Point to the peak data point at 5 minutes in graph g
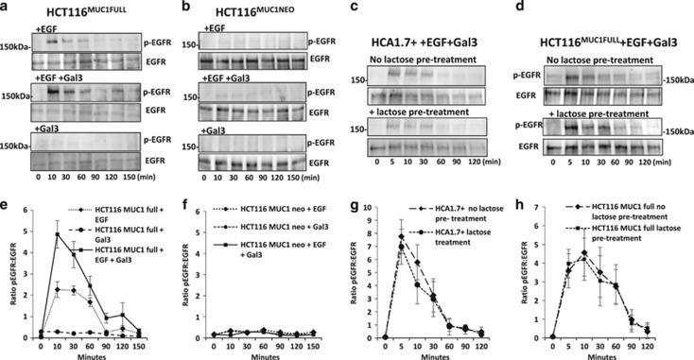point(401,237)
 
